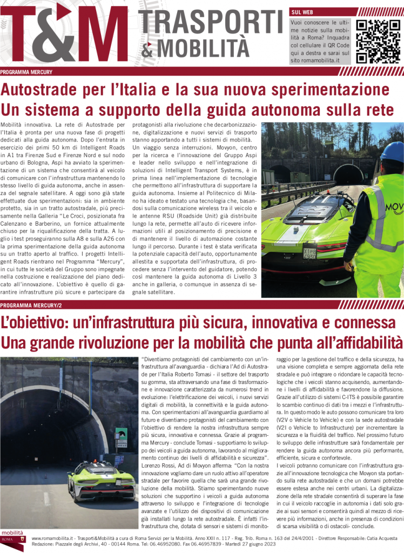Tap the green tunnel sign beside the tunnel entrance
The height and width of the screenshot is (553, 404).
122,434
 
